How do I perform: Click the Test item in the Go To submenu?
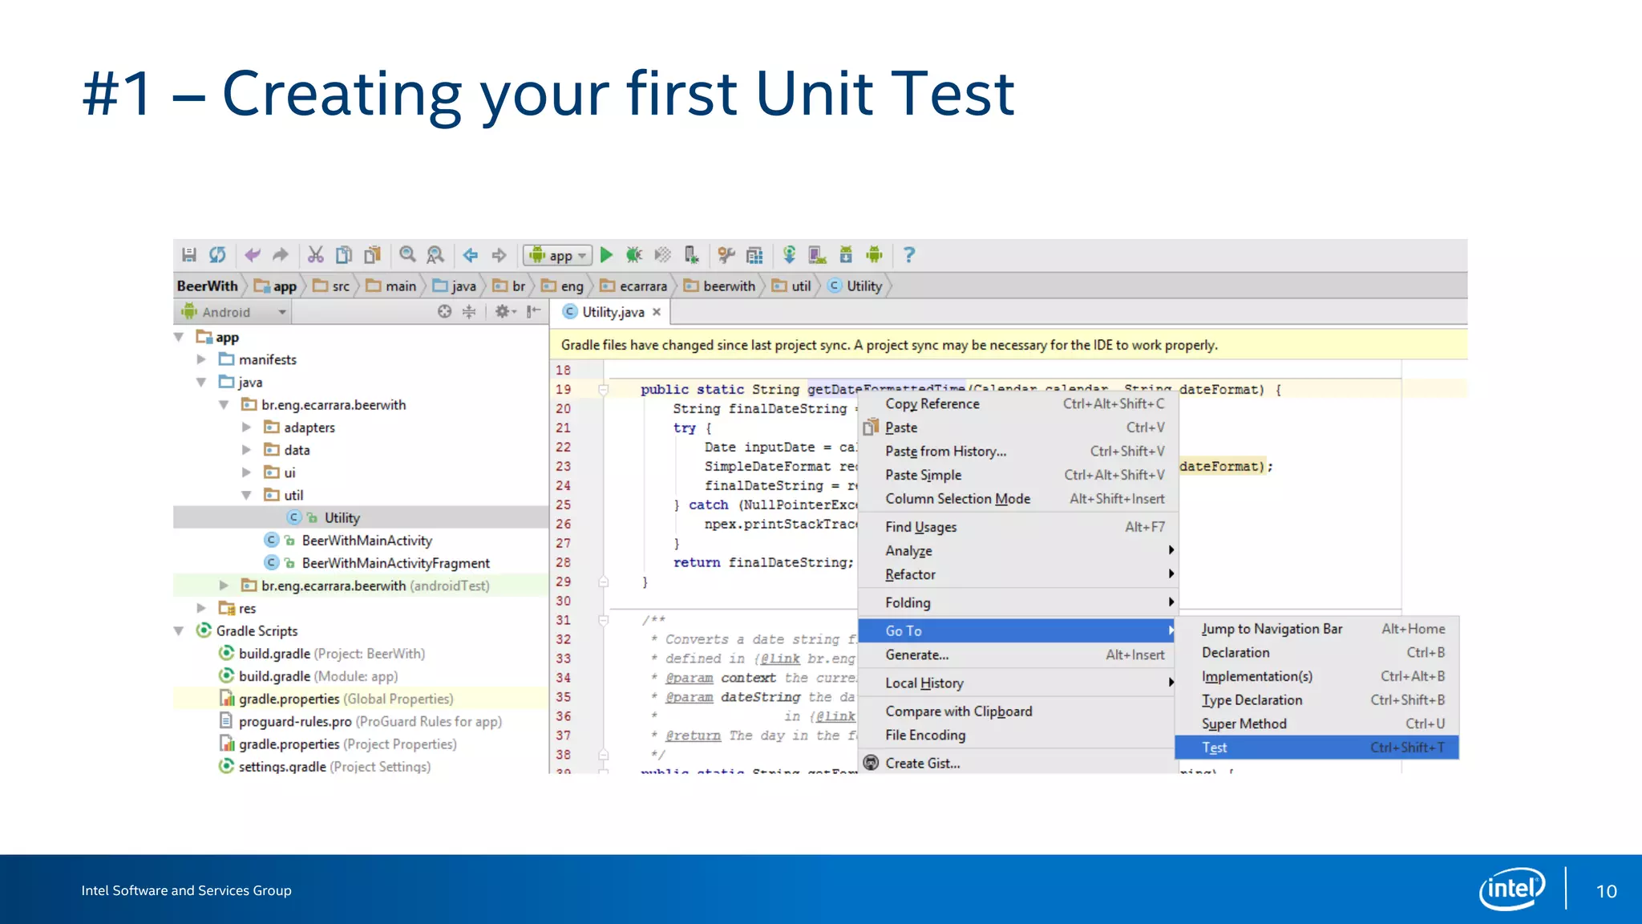pyautogui.click(x=1215, y=748)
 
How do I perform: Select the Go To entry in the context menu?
pyautogui.click(x=904, y=631)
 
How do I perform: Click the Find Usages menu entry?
pyautogui.click(x=920, y=527)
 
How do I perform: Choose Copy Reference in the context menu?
pyautogui.click(x=932, y=404)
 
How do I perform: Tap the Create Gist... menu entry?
pyautogui.click(x=922, y=764)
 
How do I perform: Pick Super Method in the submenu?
pyautogui.click(x=1244, y=724)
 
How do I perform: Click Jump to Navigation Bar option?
pyautogui.click(x=1272, y=630)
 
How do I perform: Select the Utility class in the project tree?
pyautogui.click(x=342, y=518)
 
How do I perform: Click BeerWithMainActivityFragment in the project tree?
pyautogui.click(x=395, y=564)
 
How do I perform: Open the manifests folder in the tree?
pyautogui.click(x=267, y=360)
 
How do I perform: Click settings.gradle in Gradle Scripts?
pyautogui.click(x=282, y=767)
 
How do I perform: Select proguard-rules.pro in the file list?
pyautogui.click(x=295, y=722)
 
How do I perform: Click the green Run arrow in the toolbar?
pyautogui.click(x=607, y=255)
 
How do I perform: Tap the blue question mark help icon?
pyautogui.click(x=908, y=255)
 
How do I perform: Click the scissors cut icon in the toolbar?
pyautogui.click(x=315, y=255)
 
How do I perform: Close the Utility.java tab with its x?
pyautogui.click(x=657, y=313)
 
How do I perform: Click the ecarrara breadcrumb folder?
pyautogui.click(x=642, y=286)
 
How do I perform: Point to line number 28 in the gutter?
pyautogui.click(x=564, y=563)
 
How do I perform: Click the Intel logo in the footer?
pyautogui.click(x=1512, y=889)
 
